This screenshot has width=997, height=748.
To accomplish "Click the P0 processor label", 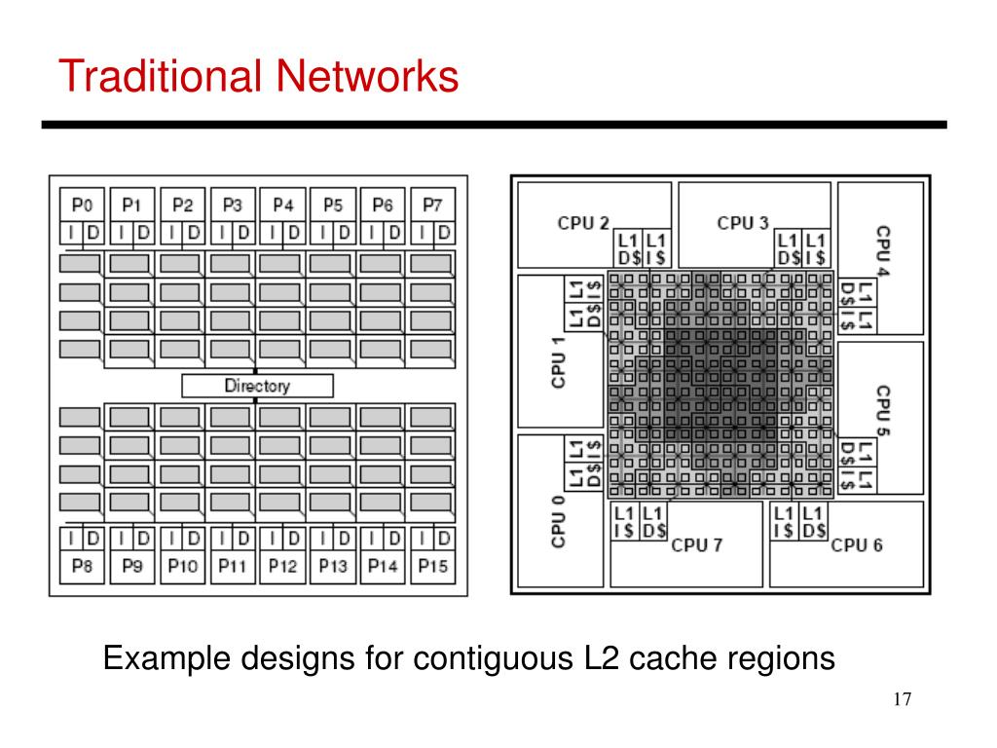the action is (82, 205).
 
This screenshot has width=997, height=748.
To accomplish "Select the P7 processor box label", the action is (432, 205).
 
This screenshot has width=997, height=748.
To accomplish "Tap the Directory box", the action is (257, 386).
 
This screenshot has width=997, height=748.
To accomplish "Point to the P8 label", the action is (82, 566).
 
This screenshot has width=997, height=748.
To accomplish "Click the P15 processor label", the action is (432, 566).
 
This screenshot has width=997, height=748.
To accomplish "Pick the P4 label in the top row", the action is (283, 205).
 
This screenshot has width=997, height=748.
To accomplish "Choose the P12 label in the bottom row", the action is (283, 566).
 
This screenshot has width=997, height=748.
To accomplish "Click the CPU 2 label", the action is (583, 223).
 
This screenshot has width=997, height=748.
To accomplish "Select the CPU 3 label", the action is (743, 223).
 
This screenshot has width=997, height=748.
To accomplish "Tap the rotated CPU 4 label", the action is (882, 250).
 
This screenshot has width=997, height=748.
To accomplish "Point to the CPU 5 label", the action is (882, 410).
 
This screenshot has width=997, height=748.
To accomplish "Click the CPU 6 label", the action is (857, 545).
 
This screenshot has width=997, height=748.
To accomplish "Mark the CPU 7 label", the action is (697, 545).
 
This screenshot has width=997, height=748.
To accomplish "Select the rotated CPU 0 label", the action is (558, 522).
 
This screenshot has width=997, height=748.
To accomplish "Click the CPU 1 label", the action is (558, 362).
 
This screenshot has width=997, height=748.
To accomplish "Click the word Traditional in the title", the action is (161, 76).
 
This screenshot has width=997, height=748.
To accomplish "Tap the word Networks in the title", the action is (367, 76).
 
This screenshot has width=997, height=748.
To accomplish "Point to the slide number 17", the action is (903, 699).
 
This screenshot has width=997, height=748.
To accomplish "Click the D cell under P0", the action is (92, 233).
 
